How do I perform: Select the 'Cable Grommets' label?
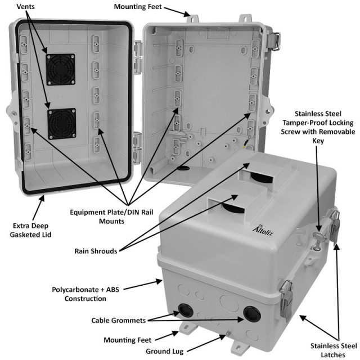point(119,320)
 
